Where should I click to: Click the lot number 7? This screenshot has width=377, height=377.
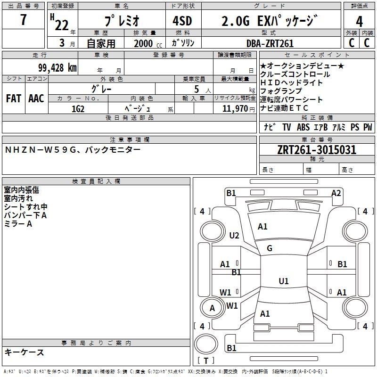[x=24, y=20]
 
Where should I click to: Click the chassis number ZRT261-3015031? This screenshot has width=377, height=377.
[x=317, y=150]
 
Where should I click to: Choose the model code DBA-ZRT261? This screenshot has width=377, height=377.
[x=270, y=43]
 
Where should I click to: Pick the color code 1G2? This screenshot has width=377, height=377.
[x=78, y=108]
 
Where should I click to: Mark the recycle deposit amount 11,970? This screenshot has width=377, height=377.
[x=234, y=108]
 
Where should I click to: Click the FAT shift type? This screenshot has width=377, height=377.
[x=14, y=98]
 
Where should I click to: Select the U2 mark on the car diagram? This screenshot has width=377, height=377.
[x=234, y=235]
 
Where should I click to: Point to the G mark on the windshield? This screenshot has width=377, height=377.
[x=270, y=248]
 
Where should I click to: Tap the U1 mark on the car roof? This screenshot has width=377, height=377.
[x=283, y=281]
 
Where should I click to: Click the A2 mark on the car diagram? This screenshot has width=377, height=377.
[x=336, y=193]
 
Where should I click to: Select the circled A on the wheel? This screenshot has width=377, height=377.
[x=212, y=308]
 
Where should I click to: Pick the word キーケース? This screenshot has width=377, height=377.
[x=25, y=352]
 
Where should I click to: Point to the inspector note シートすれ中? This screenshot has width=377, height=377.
[x=25, y=207]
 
